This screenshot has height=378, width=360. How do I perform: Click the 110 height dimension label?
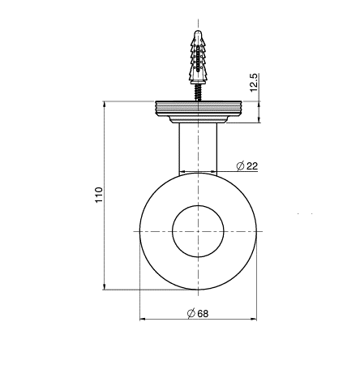coord(99,195)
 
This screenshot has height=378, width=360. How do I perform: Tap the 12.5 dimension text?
coord(255,83)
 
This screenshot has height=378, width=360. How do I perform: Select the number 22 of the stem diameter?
coord(252,165)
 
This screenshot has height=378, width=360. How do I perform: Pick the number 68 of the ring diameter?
coord(203,314)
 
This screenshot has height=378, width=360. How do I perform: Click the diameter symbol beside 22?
coord(240,165)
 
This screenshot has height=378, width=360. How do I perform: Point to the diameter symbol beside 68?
coord(191,314)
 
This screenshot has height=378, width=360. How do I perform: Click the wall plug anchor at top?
coord(198,57)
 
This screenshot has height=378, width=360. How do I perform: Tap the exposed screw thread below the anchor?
coord(198,92)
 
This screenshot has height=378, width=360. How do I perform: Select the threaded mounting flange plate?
coord(198,108)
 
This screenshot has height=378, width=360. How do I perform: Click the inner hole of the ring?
coord(198,231)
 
